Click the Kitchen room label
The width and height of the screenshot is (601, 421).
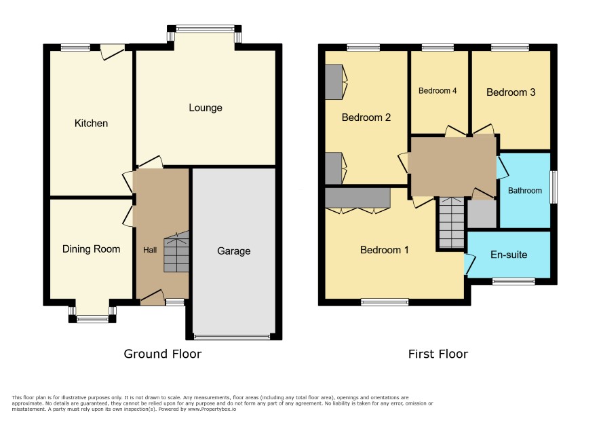pos(91,123)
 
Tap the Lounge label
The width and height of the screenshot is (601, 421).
pos(206,108)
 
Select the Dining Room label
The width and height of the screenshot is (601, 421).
pos(91,249)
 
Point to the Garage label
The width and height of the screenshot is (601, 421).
pos(234,251)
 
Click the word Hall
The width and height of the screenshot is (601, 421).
pos(150,250)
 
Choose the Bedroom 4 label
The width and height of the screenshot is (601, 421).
pos(438,91)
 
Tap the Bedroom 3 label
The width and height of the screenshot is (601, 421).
pos(511,92)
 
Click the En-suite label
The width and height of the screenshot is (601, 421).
pos(509,255)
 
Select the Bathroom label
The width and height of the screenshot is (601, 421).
pos(525,191)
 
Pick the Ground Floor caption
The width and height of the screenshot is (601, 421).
pos(163,354)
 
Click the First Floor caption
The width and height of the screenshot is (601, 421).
pos(438,354)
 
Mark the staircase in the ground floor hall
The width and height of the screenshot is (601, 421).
pos(176,252)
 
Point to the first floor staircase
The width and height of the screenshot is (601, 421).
pos(452,223)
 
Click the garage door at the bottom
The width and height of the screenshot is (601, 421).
pos(232,337)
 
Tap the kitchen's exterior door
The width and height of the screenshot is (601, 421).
pos(113,52)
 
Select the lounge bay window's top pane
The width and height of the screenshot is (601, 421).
pos(206,28)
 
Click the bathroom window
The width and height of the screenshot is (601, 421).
pos(554,187)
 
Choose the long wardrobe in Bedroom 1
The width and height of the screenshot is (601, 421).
pos(357,198)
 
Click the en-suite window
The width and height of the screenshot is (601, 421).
pos(513,281)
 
